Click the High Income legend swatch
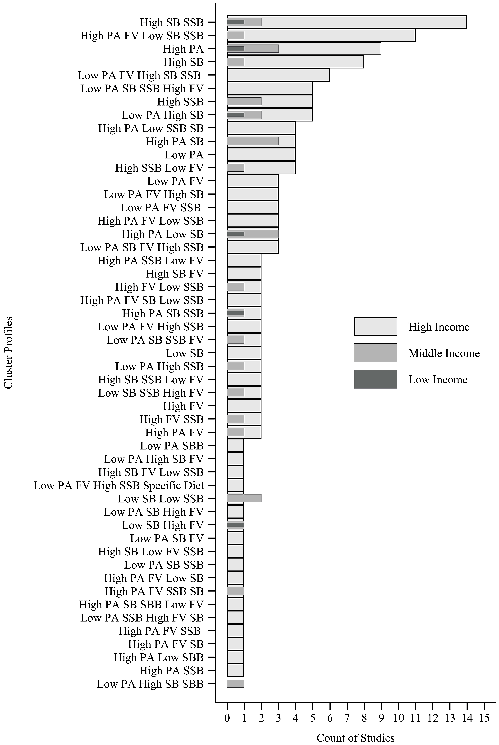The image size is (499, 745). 375,326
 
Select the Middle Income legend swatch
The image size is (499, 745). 375,353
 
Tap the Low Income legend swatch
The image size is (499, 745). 375,379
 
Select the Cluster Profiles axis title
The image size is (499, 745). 9,352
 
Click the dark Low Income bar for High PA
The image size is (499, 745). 235,49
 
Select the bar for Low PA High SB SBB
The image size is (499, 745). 235,684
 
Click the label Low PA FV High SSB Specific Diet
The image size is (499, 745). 119,485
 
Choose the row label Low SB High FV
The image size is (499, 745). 162,525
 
